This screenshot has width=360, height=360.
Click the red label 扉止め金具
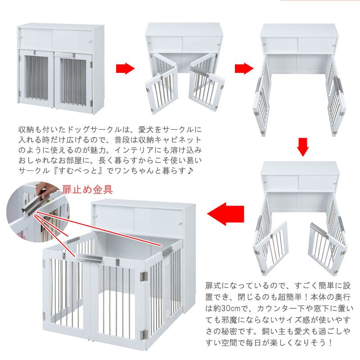point(87,189)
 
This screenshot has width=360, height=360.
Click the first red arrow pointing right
point(125,68)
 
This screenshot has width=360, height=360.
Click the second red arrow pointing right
point(244,68)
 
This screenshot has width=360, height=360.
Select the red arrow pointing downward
point(302,147)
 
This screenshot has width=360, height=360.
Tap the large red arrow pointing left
point(225,214)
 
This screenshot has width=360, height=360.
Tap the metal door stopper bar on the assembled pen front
point(90,259)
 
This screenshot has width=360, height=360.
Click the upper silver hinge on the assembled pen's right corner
point(144,276)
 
